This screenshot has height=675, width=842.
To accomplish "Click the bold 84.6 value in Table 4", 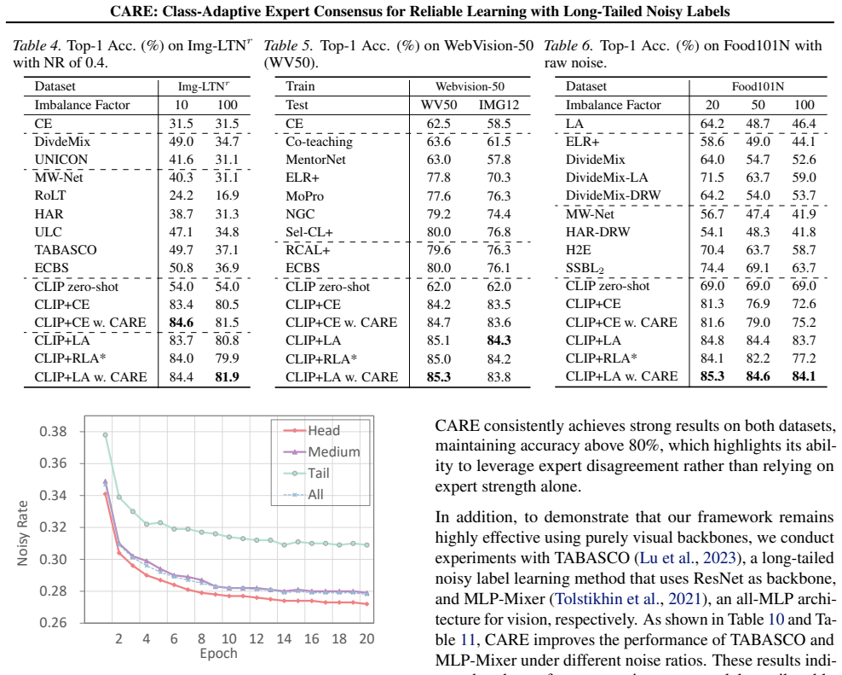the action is (x=182, y=323).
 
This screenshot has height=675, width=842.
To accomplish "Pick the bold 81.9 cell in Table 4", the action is (x=228, y=377).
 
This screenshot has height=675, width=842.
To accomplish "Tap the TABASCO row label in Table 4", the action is (x=66, y=250).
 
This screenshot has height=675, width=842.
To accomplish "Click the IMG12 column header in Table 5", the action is (x=499, y=105).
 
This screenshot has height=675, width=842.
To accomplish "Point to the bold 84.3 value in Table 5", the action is (x=499, y=340).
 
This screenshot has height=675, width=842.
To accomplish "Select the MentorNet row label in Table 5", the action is (x=315, y=160).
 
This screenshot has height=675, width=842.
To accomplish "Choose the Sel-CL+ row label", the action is (x=309, y=232).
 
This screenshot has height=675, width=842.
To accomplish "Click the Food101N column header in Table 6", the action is (x=758, y=86).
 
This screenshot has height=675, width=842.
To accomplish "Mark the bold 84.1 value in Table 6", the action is (x=804, y=376).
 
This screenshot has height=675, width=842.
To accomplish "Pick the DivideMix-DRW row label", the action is (x=613, y=195).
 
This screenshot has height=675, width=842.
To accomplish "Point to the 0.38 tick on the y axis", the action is (x=53, y=431).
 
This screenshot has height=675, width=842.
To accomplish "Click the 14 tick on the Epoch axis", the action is (x=284, y=638).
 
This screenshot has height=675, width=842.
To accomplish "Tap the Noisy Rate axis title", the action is (x=22, y=532).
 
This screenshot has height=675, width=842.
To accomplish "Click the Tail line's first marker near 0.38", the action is (x=106, y=435).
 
